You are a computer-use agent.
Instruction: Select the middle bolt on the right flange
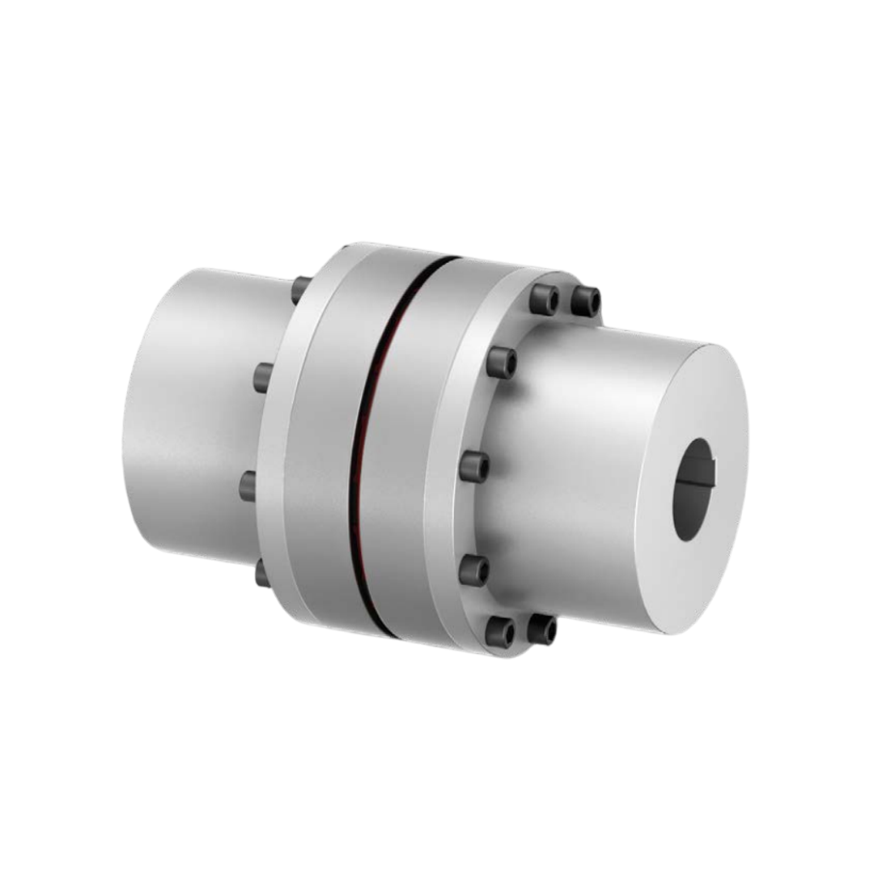pos(474,467)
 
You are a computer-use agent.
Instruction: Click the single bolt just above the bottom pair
pos(474,570)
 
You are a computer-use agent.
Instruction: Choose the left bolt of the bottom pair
pos(501,630)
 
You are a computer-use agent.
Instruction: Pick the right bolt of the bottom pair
pos(541,629)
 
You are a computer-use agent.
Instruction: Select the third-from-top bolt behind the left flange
pos(248,485)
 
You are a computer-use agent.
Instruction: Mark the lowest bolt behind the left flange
pos(261,573)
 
